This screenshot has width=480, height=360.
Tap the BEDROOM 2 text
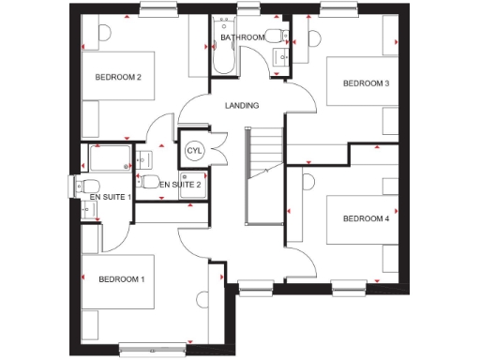click(x=118, y=77)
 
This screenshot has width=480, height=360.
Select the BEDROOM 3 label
click(x=366, y=83)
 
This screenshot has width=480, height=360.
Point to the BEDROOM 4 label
click(x=366, y=219)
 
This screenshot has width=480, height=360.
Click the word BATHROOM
click(x=243, y=38)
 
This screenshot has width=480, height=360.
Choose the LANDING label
click(x=242, y=105)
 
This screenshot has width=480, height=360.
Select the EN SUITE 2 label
click(x=180, y=186)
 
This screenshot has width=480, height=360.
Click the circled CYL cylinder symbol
click(x=195, y=150)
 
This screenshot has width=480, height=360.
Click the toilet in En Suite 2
click(x=149, y=181)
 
